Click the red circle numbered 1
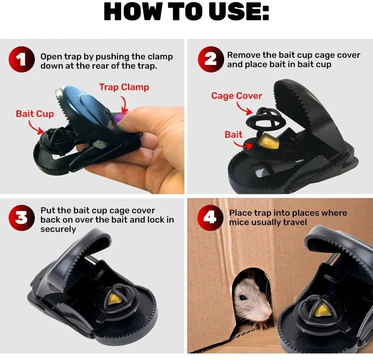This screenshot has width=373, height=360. click(22, 59)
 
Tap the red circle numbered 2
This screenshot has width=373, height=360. click(211, 59)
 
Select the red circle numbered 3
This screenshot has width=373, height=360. click(22, 218)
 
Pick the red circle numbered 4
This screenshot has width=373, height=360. click(210, 218)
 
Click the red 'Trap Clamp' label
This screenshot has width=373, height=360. click(124, 87)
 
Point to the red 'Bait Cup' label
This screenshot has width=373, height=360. click(35, 114)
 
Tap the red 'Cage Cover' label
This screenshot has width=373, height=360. click(237, 96)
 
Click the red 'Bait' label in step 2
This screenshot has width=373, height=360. click(233, 135)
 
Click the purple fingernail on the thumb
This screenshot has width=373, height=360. click(120, 117)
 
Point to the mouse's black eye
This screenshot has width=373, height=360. click(243, 298)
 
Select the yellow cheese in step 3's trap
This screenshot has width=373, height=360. click(114, 299)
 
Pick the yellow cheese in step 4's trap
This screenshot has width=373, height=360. click(323, 310)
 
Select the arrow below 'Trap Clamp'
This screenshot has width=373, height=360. click(124, 104)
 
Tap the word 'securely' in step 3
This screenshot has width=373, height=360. click(58, 229)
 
